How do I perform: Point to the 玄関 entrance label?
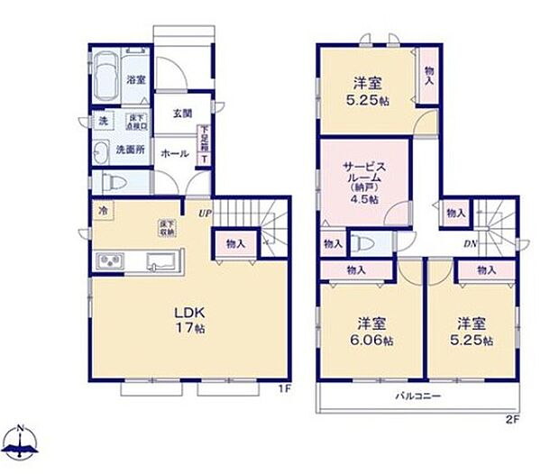tap(181, 113)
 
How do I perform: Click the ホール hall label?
tap(173, 154)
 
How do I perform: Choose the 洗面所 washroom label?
tap(129, 150)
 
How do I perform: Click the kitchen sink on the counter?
tap(162, 262)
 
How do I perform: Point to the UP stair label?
tap(206, 214)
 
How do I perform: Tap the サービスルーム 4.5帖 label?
tap(363, 181)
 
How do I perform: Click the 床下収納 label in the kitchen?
tap(168, 228)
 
